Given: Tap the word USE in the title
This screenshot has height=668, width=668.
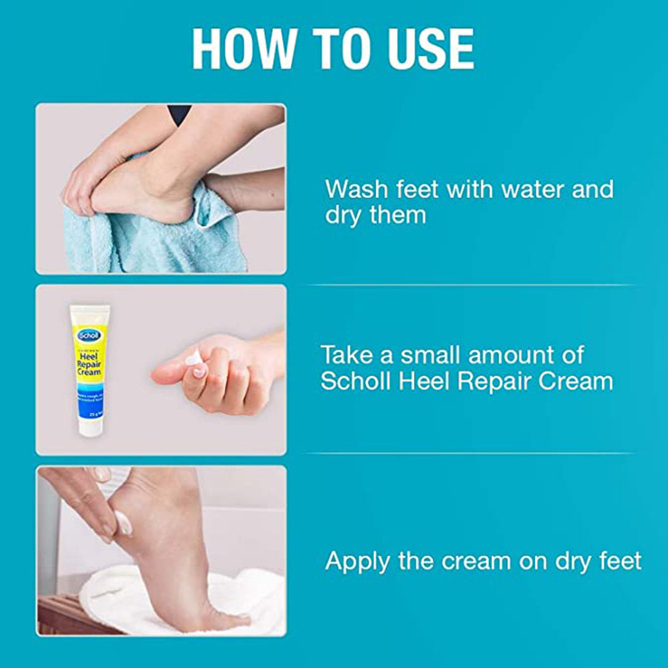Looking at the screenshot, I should pyautogui.click(x=430, y=49).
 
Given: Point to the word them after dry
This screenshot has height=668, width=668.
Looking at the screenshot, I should pyautogui.click(x=397, y=215).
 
